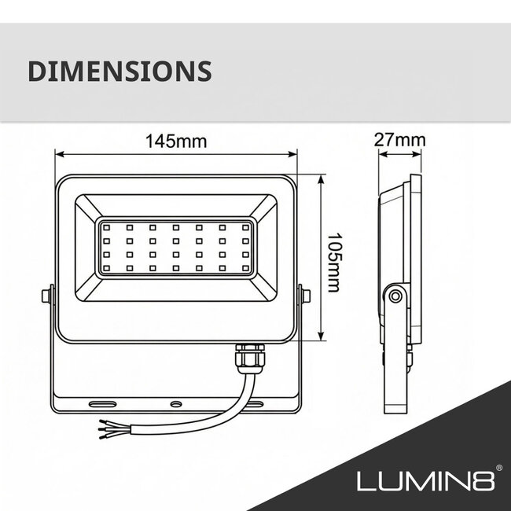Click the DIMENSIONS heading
pos(119,71)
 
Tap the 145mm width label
pos(175,142)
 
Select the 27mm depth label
pos(399,141)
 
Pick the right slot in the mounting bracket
pos(257,403)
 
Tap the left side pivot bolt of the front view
pos(46,296)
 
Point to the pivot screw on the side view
pos(395,296)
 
